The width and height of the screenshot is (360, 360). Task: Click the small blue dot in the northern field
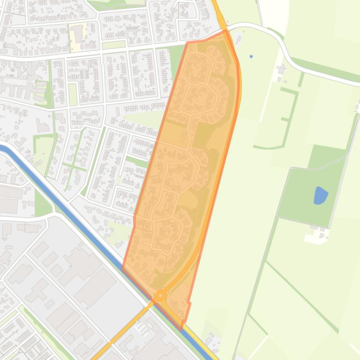(x=251, y=57)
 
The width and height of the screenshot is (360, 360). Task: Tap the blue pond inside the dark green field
(x=320, y=195)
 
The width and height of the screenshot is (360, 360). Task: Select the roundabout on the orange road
(x=161, y=295)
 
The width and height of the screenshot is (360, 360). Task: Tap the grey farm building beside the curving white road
(x=281, y=71)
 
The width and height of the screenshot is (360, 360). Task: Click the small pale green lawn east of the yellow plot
(x=110, y=45)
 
